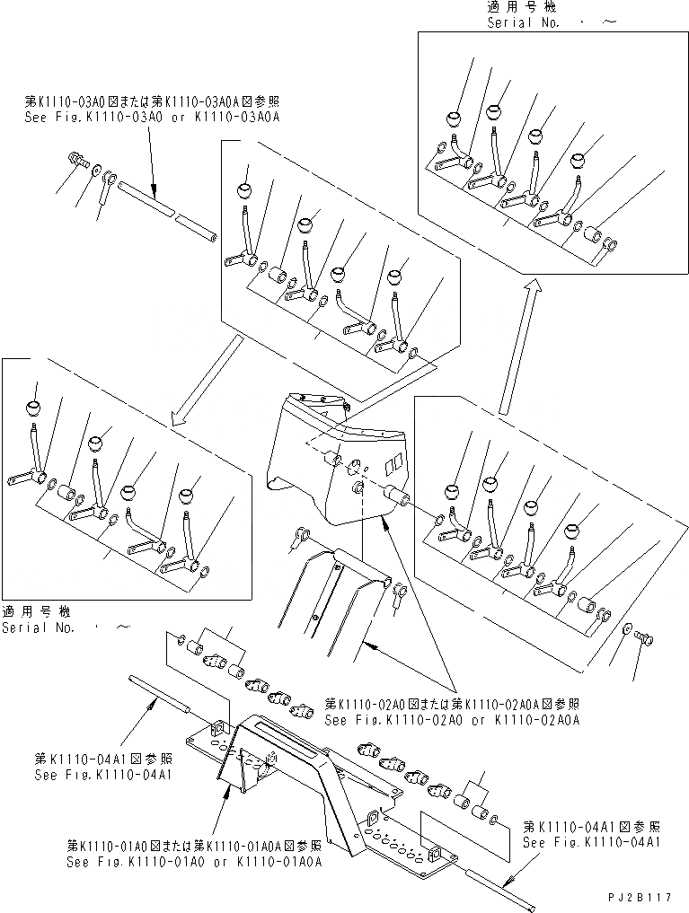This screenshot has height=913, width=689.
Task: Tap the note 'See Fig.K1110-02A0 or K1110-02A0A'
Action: click(452, 719)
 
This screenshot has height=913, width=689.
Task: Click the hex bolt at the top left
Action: click(75, 161)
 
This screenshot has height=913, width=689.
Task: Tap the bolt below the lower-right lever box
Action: click(643, 638)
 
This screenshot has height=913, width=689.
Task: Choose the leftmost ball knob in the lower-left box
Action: click(35, 408)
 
